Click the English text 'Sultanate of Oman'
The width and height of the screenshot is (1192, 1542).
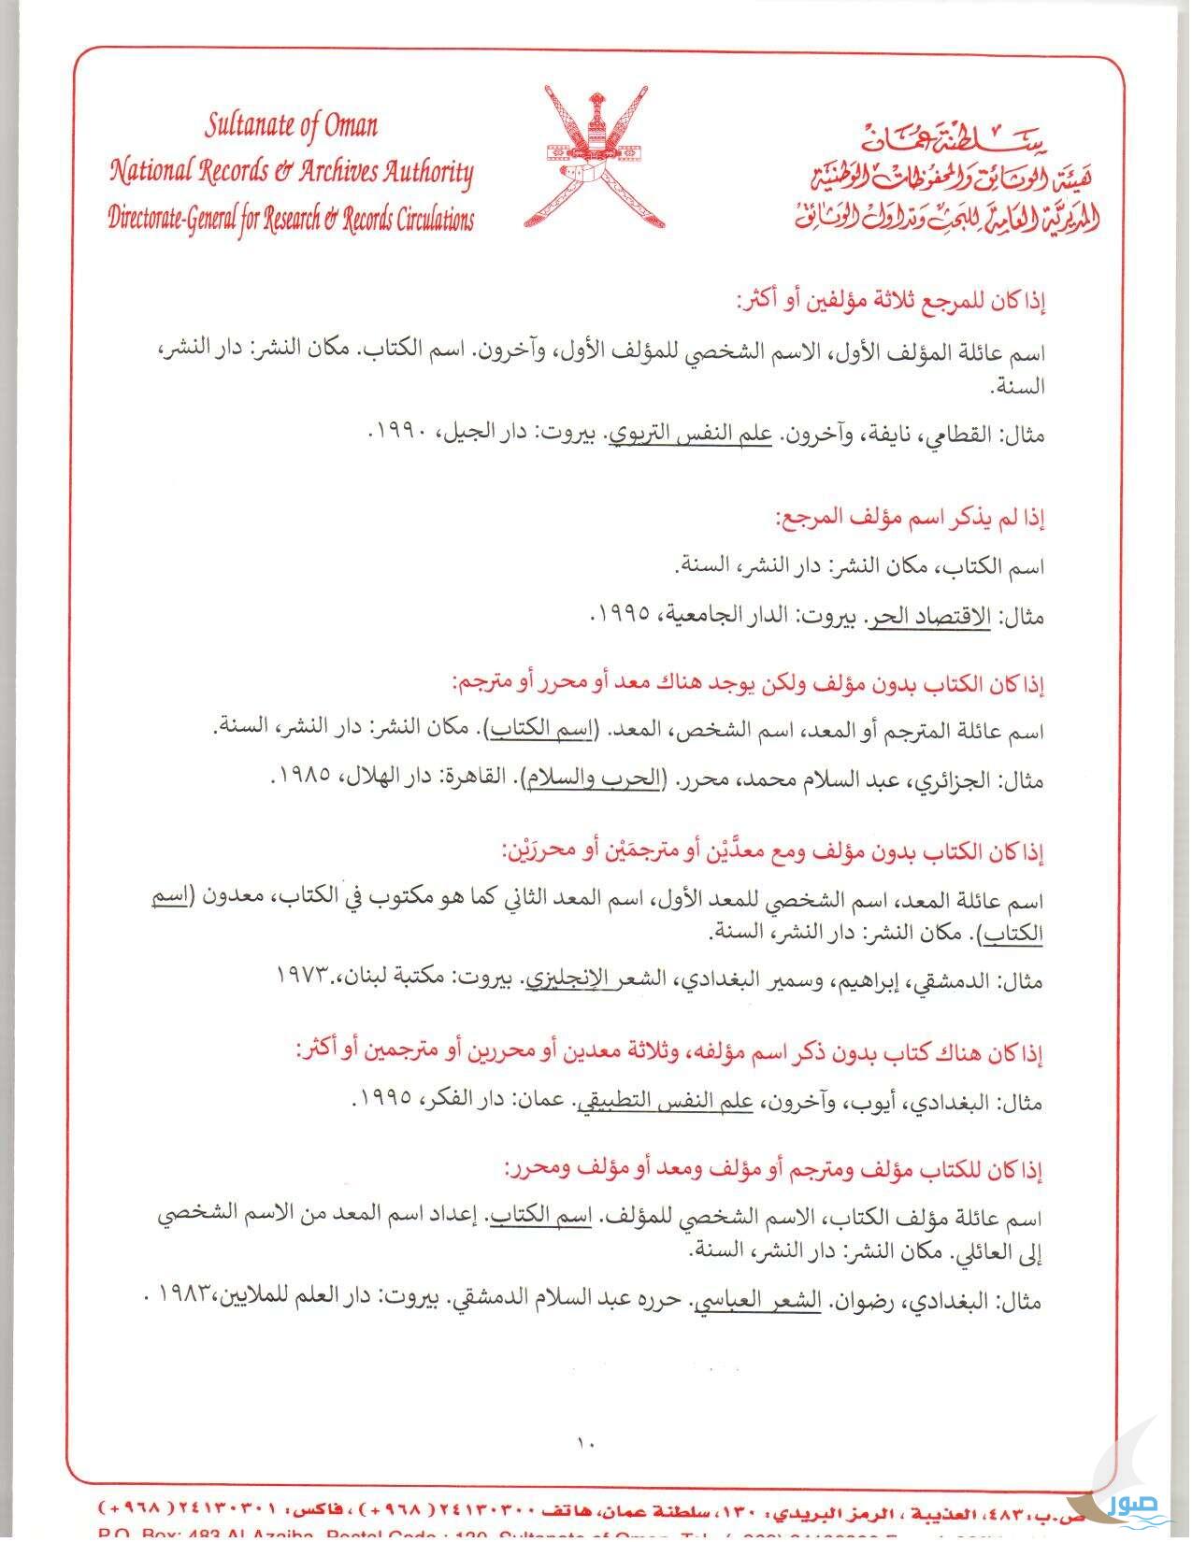292,125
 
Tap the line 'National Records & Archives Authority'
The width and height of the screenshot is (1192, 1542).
292,172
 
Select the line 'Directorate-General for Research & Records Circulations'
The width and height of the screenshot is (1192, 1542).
292,220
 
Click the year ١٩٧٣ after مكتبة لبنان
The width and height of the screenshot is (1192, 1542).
306,975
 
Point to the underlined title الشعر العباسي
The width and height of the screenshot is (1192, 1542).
765,1299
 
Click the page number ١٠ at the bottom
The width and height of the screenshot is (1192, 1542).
586,1441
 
